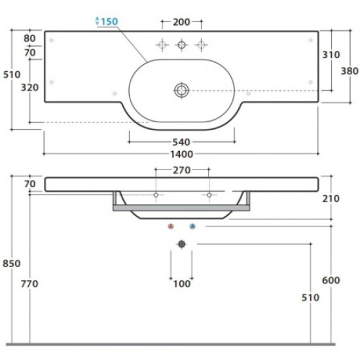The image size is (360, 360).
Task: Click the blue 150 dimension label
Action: [109, 22]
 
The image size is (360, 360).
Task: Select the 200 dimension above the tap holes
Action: [181, 22]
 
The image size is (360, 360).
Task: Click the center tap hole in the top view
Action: [181, 45]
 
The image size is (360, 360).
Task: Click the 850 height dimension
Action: [12, 264]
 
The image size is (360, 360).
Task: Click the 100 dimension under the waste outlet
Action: [181, 284]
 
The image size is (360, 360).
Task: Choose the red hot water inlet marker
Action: [171, 226]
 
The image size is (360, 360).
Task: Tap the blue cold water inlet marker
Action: [192, 226]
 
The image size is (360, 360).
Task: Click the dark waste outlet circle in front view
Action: [181, 243]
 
